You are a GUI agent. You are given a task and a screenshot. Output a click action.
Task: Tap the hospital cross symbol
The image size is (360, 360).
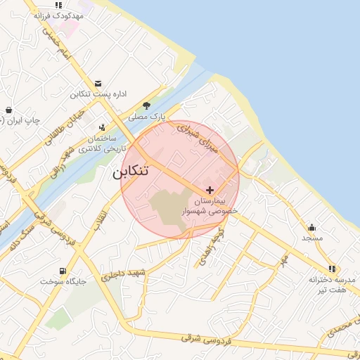click(210, 190)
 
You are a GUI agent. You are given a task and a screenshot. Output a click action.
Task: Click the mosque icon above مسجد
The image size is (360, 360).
click(311, 227)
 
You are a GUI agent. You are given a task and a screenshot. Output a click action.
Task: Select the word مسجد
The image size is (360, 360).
click(311, 238)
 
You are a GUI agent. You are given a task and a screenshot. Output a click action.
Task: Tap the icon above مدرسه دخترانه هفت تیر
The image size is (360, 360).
click(332, 268)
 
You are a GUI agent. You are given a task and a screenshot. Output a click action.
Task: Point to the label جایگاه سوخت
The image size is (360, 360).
click(63, 281)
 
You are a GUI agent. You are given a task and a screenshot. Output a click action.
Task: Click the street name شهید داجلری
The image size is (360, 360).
click(122, 275)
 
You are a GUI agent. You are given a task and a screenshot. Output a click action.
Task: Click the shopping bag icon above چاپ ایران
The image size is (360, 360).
click(8, 110)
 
